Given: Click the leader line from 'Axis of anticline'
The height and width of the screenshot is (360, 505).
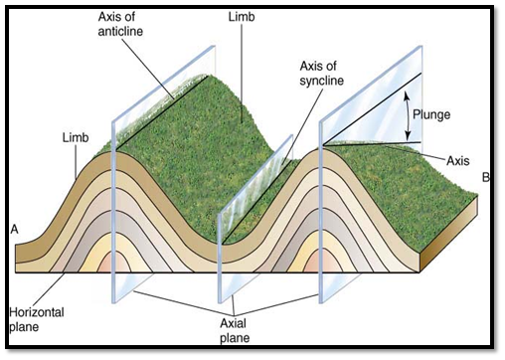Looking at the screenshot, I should click(x=160, y=70).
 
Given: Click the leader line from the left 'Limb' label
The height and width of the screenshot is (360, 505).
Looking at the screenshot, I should click(x=91, y=151).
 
